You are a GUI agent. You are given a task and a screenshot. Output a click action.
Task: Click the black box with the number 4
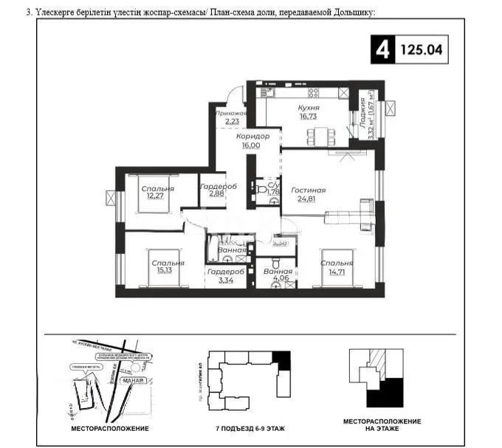tap(382, 50)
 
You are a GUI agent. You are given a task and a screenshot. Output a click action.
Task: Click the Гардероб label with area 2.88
tap(217, 190)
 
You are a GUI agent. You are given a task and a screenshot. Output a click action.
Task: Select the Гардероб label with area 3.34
tap(221, 275)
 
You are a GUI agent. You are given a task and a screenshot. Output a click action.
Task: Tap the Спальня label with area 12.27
tap(157, 192)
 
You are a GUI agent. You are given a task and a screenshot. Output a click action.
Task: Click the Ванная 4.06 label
tap(278, 275)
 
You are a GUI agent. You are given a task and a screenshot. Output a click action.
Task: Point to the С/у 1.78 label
tap(272, 190)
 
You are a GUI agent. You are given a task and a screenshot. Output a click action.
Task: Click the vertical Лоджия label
tap(363, 117)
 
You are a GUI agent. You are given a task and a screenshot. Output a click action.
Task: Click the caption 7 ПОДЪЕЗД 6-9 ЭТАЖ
tap(250, 428)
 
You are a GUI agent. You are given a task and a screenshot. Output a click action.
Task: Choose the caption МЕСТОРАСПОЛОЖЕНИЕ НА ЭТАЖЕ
tap(377, 425)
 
